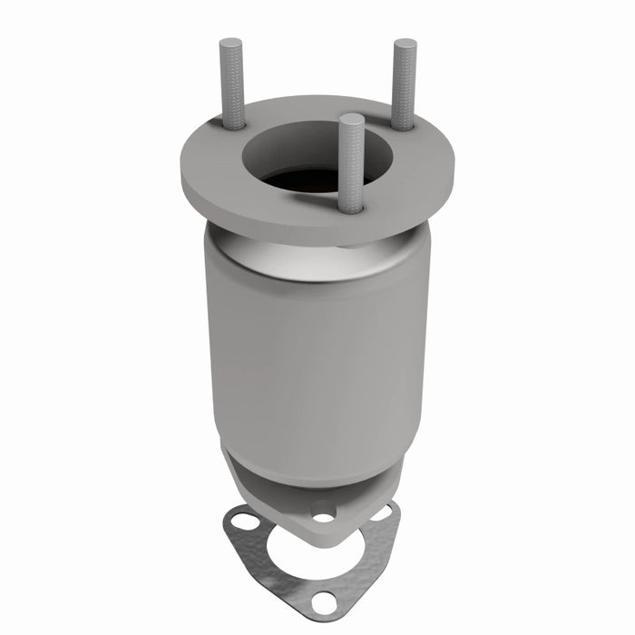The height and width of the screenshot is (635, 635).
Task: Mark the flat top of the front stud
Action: pyautogui.click(x=352, y=119)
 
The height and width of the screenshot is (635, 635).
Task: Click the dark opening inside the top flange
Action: pyautogui.click(x=308, y=178)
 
